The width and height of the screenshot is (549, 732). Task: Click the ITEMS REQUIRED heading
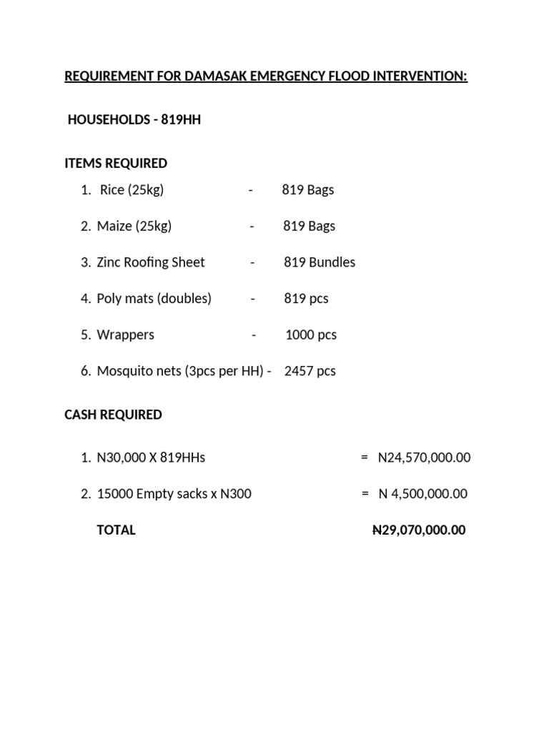click(116, 164)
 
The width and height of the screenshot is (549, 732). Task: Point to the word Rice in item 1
click(112, 190)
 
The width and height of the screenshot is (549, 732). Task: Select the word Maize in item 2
click(114, 227)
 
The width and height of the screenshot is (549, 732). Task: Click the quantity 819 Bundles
click(320, 262)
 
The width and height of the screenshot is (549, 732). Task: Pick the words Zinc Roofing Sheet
click(151, 262)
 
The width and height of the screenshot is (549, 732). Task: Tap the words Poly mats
click(125, 299)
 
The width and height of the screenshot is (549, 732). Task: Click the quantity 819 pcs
click(306, 299)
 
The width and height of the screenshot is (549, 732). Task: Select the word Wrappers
click(126, 335)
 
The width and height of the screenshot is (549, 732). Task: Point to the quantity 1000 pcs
click(311, 335)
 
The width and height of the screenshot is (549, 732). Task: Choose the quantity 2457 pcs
click(310, 371)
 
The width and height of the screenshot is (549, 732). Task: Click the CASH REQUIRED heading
click(113, 415)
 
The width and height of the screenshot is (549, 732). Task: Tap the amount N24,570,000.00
click(424, 457)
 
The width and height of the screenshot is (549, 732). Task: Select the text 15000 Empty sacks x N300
click(174, 494)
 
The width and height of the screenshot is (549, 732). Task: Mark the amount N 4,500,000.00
click(422, 494)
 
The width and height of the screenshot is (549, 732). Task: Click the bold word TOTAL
click(116, 530)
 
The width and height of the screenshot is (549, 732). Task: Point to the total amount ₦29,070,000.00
click(419, 530)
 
